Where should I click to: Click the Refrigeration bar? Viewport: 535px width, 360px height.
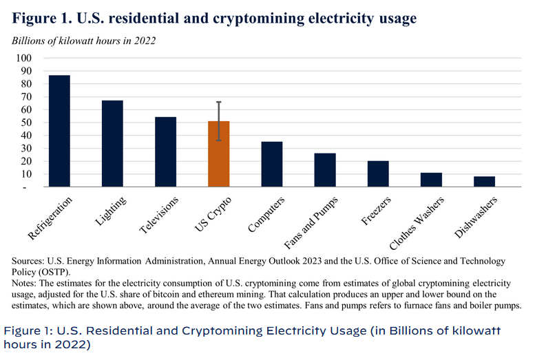tap(59, 131)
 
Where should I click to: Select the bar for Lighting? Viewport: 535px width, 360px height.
tap(112, 143)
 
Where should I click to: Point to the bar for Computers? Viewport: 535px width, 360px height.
tap(272, 164)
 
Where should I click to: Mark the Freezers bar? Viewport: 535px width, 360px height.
tap(378, 173)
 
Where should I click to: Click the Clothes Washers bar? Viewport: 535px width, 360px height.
tap(431, 180)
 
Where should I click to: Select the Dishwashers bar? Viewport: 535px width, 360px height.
tap(484, 182)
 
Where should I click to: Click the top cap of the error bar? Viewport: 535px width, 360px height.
tap(219, 102)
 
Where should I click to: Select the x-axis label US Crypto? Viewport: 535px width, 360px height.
tap(213, 213)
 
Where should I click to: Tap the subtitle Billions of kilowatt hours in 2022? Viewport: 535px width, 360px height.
tap(83, 39)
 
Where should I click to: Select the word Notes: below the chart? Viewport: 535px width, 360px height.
tap(26, 284)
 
